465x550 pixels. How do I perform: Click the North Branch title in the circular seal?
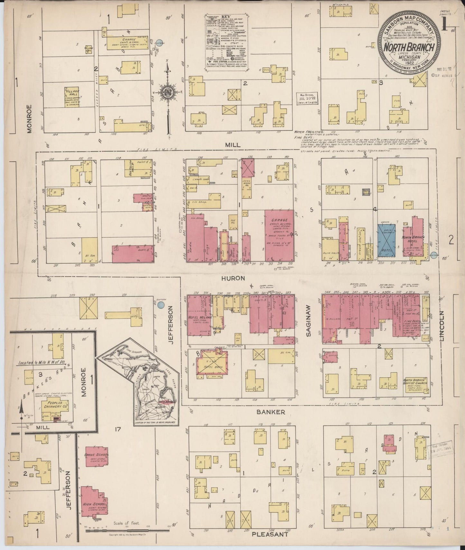409,48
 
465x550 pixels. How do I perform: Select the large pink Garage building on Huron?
279,235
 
